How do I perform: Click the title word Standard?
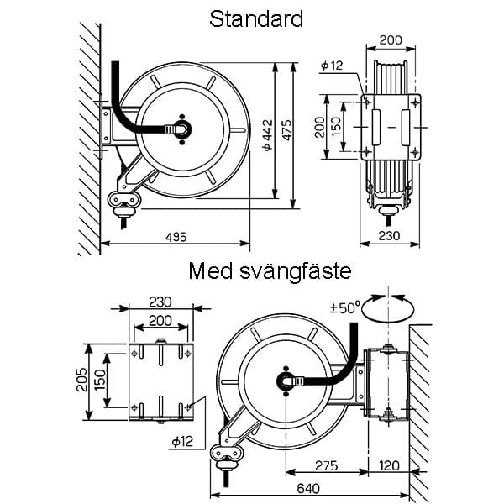click(256, 19)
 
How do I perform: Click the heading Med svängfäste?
click(270, 271)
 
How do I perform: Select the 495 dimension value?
click(176, 237)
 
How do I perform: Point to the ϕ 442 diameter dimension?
click(267, 135)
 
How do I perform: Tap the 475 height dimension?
click(287, 130)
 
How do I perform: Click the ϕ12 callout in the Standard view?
click(332, 66)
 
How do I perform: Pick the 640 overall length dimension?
click(308, 489)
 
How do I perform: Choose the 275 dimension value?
click(326, 465)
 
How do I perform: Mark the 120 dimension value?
click(389, 465)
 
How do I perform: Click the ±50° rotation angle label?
click(344, 308)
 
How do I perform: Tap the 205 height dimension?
click(81, 380)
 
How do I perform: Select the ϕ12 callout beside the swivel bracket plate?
click(182, 442)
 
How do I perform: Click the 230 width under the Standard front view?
click(389, 235)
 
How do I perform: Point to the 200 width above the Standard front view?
click(391, 40)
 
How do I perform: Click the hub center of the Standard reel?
click(182, 129)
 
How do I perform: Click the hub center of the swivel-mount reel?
click(286, 382)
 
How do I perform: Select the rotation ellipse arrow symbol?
click(388, 308)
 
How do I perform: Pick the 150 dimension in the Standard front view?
click(335, 127)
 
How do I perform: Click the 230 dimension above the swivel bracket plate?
click(160, 302)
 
